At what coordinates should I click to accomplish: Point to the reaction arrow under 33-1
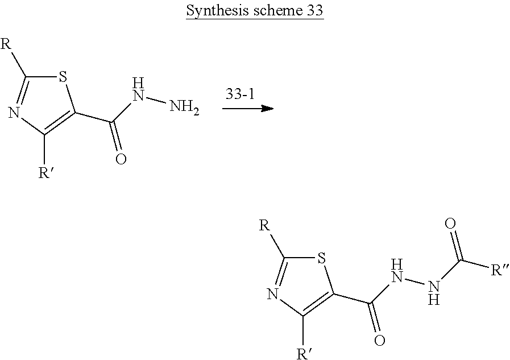(x=244, y=107)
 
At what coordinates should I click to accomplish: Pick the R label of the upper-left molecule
(x=6, y=44)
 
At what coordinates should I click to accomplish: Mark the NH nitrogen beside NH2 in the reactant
(x=136, y=94)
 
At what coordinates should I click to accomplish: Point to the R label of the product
(x=264, y=226)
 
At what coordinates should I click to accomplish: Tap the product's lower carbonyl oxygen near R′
(x=379, y=342)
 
